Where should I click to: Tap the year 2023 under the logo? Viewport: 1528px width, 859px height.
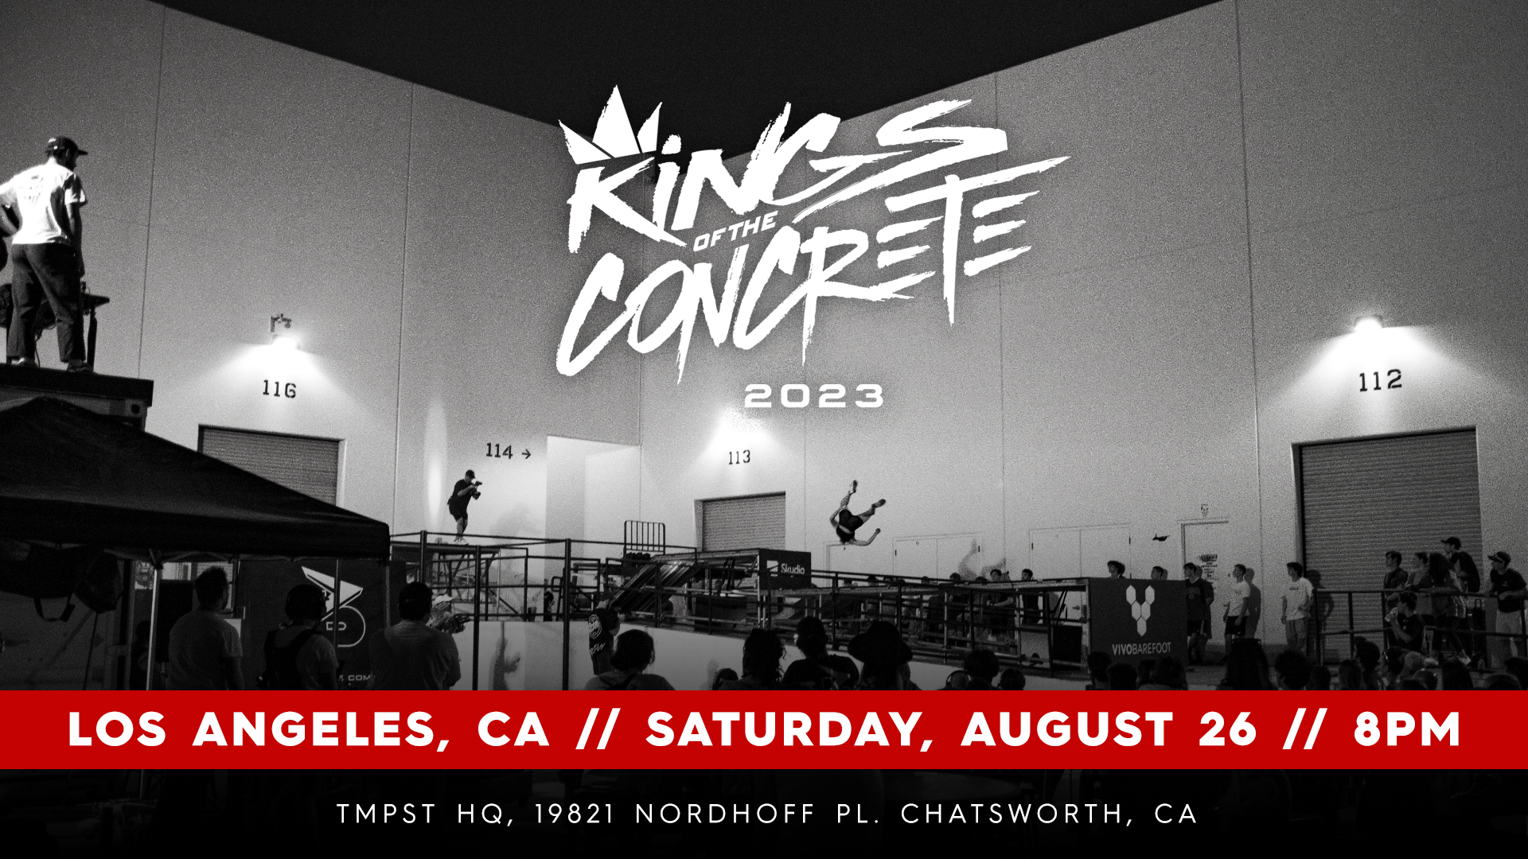point(814,396)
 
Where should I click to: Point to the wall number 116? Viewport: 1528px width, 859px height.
point(279,389)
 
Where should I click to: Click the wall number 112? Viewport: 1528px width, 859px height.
point(1380,381)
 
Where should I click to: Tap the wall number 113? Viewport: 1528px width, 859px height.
point(739,457)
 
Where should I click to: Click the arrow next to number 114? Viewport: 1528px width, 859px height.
point(525,453)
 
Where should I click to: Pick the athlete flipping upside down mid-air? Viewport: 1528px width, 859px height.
point(854,515)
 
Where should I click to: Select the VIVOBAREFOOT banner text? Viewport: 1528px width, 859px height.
point(1141,649)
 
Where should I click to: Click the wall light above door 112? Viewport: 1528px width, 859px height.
point(1368,324)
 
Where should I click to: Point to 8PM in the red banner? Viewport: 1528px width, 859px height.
point(1407,729)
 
